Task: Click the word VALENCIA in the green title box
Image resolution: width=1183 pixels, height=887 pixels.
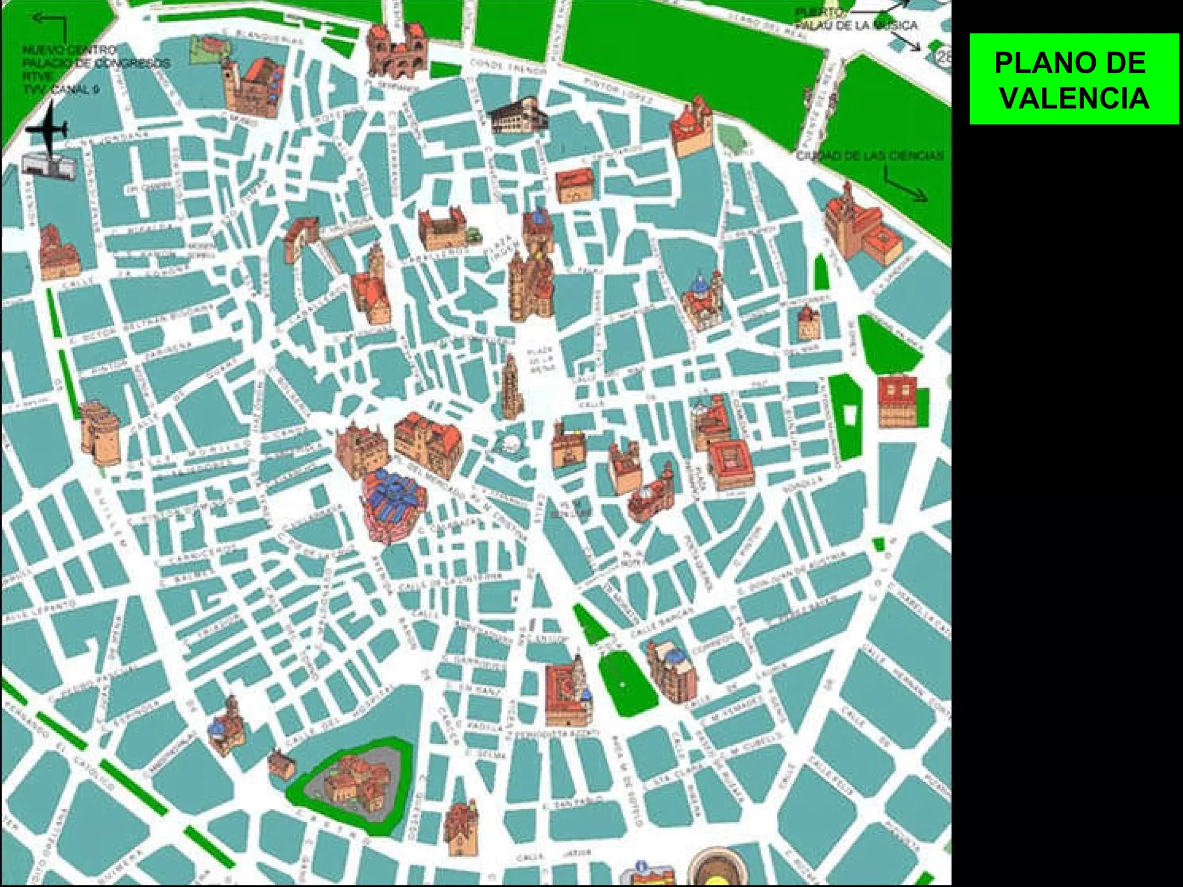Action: (x=1074, y=98)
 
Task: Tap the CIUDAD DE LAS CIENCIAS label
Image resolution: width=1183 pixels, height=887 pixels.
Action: (x=869, y=156)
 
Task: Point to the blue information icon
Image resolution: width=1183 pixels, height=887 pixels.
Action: (x=641, y=867)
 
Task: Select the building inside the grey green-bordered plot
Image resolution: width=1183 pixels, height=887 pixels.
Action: (x=352, y=782)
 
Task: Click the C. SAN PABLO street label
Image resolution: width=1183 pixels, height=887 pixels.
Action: (x=572, y=803)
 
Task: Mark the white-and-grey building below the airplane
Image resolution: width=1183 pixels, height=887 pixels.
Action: (x=49, y=165)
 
